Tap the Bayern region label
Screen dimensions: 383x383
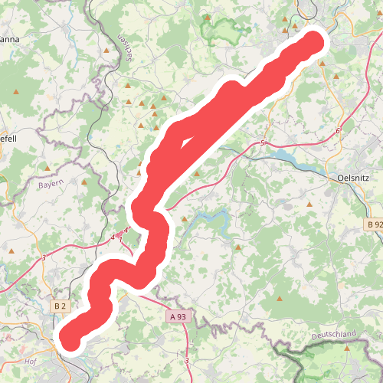[x=53, y=185]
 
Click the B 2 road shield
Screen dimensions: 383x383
[x=61, y=306]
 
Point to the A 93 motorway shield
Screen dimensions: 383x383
[x=178, y=316]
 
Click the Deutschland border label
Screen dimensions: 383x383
[x=334, y=336]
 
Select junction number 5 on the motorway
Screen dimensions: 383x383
[x=262, y=143]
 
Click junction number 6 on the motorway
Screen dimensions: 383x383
[x=337, y=132]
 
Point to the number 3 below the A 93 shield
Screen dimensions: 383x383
[x=187, y=359]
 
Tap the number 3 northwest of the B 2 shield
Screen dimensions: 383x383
[x=44, y=258]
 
